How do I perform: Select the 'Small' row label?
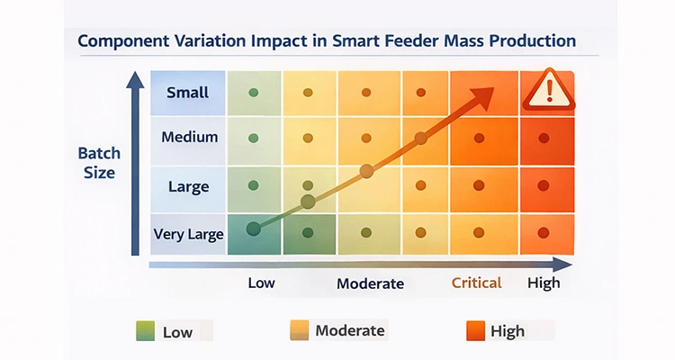(x=187, y=92)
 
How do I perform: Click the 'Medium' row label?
(x=189, y=138)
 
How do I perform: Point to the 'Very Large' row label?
(x=187, y=234)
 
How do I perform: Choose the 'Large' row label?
(x=188, y=187)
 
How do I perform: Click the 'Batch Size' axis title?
(x=100, y=163)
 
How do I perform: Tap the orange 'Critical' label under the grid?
(x=476, y=283)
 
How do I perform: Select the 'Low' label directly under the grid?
(x=261, y=283)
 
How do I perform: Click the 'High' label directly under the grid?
(x=543, y=283)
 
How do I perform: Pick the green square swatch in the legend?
(x=146, y=331)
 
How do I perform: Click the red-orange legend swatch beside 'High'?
(x=473, y=331)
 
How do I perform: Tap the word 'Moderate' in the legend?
(x=350, y=331)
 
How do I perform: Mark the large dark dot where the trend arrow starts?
(x=254, y=229)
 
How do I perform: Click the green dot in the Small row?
(x=253, y=92)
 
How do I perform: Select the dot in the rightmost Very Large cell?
(x=543, y=232)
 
